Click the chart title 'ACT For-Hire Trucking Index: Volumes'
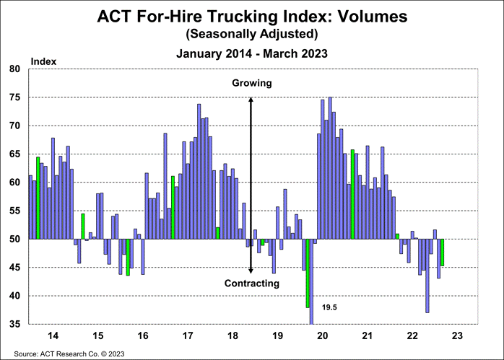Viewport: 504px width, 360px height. [251, 16]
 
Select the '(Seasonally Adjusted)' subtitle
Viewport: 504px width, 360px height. [251, 33]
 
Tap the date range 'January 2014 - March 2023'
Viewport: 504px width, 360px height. [251, 53]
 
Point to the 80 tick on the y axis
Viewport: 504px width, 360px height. [15, 69]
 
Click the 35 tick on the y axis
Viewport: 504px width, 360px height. [15, 325]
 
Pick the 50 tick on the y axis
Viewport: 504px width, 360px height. [15, 240]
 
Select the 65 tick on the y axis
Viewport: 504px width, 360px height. [15, 154]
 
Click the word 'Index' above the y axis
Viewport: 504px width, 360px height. [41, 62]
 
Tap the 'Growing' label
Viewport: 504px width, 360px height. [251, 83]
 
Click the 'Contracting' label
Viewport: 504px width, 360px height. [251, 284]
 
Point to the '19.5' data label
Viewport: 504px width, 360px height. [329, 307]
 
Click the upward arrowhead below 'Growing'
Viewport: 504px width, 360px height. [251, 99]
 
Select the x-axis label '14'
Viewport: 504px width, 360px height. [53, 335]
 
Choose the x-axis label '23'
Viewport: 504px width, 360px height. [457, 335]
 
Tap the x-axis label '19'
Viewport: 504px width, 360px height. [277, 335]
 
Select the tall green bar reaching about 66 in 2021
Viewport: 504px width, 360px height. [352, 194]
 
